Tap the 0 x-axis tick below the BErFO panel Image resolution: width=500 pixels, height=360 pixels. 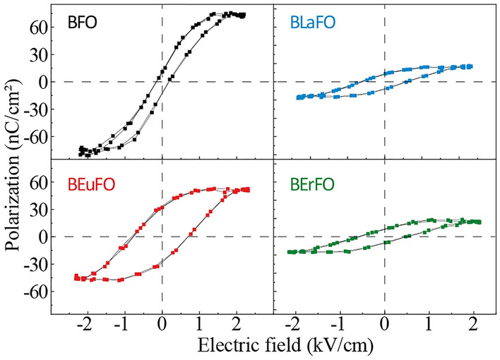(384, 328)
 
